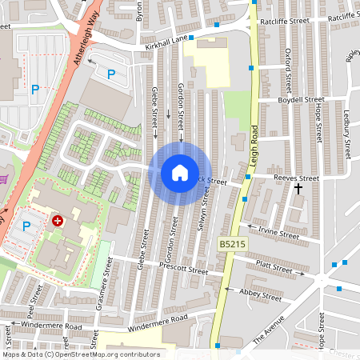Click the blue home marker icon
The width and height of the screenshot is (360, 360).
click(x=179, y=173)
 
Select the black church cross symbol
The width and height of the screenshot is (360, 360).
click(x=298, y=190)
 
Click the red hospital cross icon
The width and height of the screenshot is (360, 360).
click(x=58, y=220)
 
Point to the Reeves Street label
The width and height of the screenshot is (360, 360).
click(x=296, y=178)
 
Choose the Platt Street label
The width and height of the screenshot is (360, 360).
click(x=275, y=266)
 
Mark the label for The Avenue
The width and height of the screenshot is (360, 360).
click(x=268, y=329)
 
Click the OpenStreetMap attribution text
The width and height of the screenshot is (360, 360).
click(x=80, y=354)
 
